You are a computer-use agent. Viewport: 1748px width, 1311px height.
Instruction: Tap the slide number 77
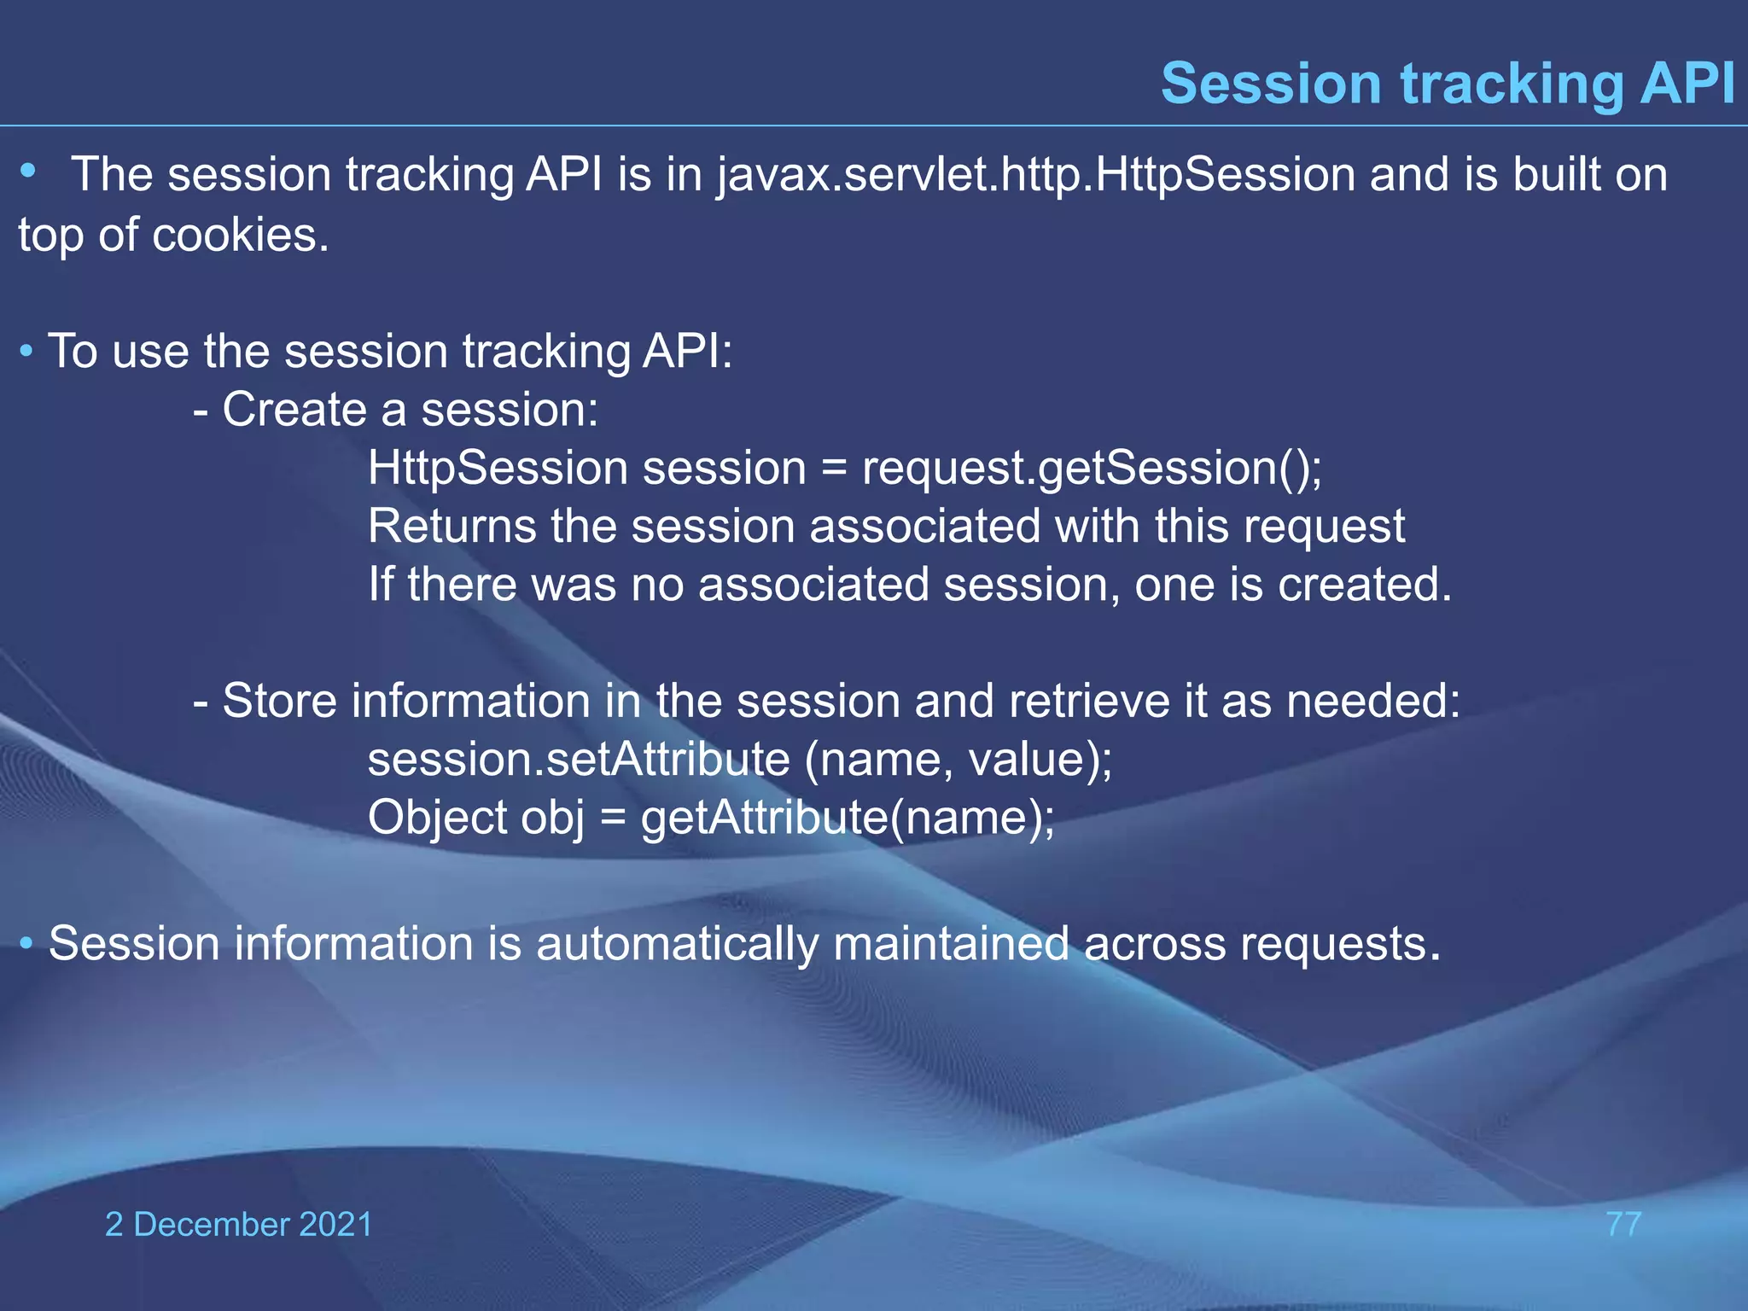[x=1623, y=1224]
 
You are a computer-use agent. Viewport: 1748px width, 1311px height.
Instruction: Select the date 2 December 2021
[x=238, y=1224]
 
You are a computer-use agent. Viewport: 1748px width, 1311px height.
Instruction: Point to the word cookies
[x=240, y=235]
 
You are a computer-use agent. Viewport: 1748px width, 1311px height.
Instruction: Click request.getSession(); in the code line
[x=1092, y=469]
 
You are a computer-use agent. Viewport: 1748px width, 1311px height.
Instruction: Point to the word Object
[x=437, y=818]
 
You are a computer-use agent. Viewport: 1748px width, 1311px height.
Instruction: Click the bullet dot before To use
[x=27, y=351]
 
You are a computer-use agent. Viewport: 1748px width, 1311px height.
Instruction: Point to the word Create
[x=294, y=410]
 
